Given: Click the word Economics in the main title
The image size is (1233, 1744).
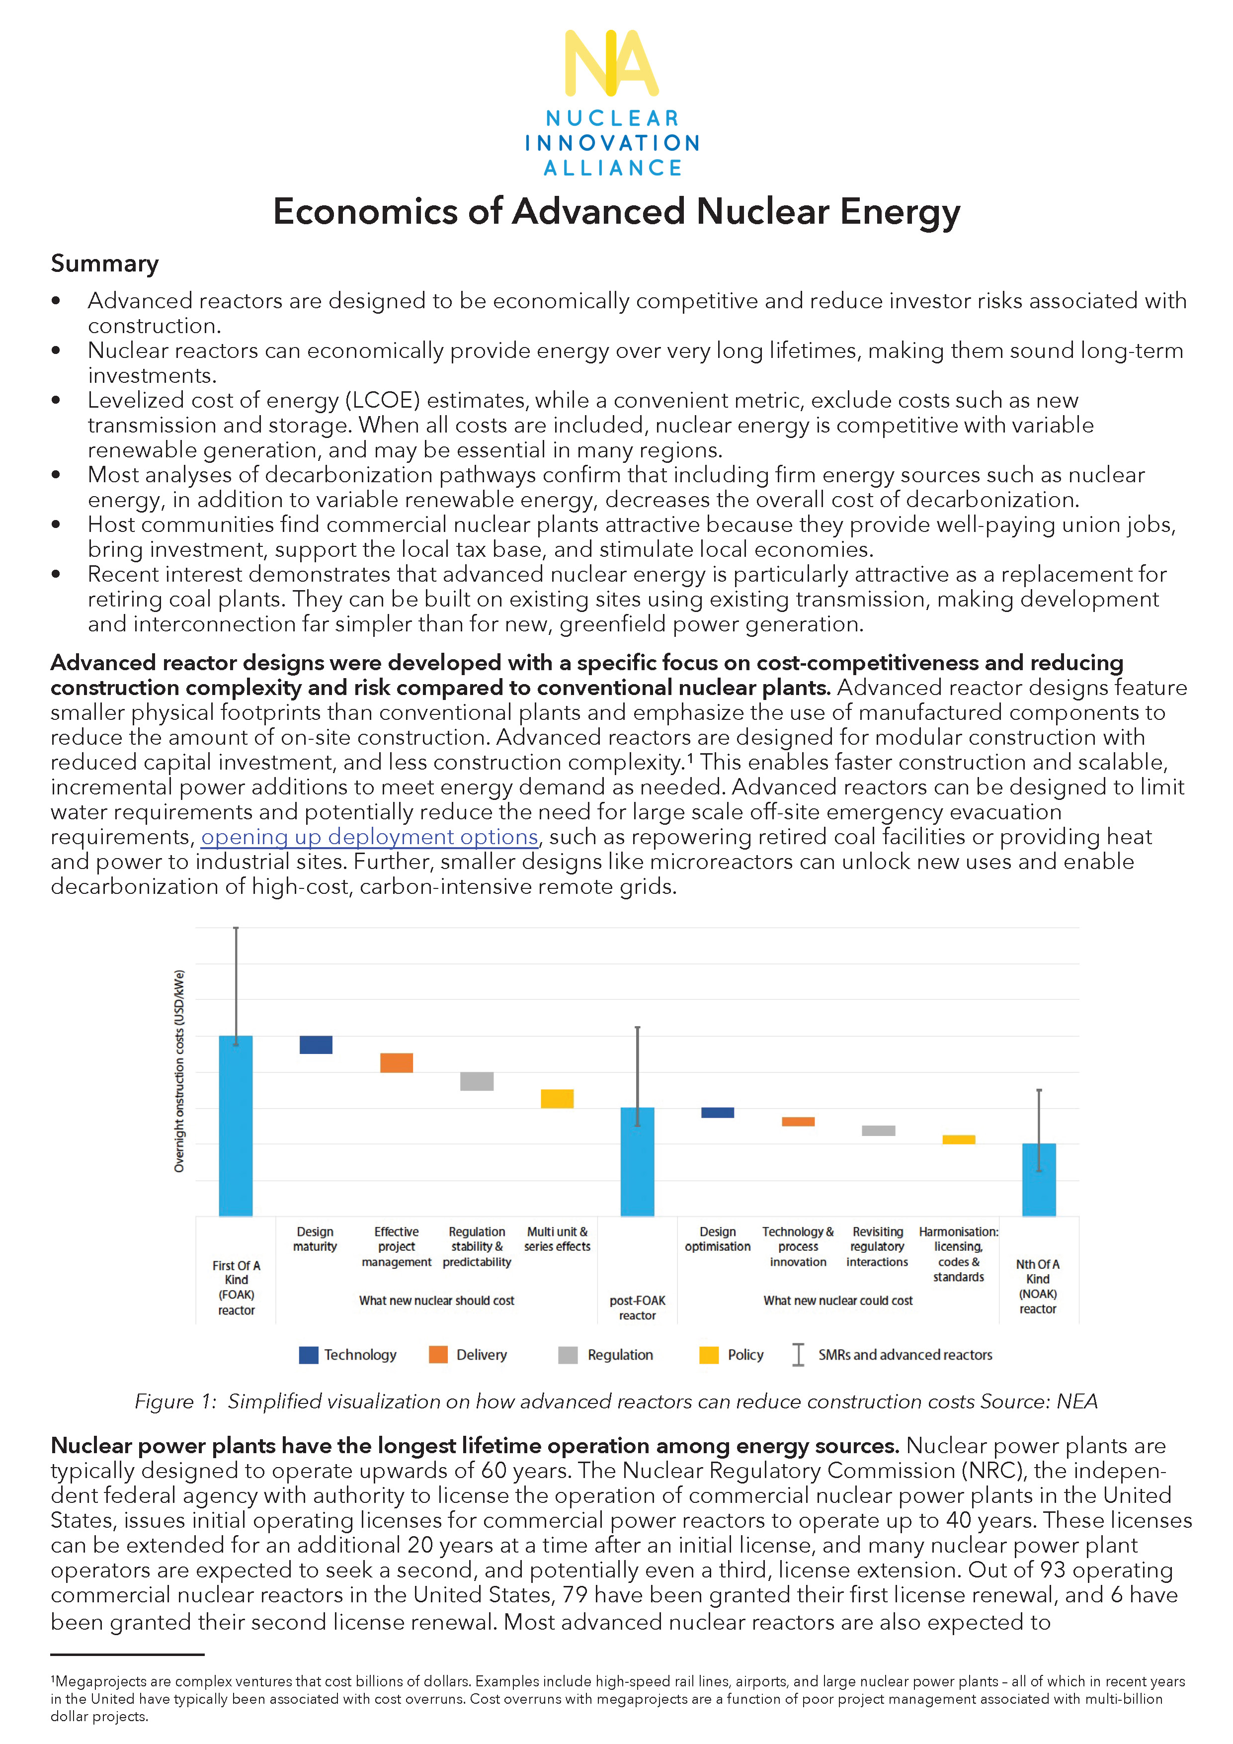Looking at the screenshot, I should [x=364, y=212].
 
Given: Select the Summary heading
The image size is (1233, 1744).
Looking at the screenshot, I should [x=105, y=263].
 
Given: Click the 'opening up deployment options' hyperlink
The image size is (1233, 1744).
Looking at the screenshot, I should [x=369, y=837].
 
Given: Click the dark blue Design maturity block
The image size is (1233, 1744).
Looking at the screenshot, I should [x=316, y=1045].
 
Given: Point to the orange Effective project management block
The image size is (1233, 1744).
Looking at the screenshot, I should [x=396, y=1062].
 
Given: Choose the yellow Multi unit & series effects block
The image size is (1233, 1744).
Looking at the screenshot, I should [x=557, y=1098].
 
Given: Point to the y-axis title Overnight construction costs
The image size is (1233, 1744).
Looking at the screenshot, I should [x=179, y=1071].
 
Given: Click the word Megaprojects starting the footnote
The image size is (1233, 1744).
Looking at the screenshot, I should [x=100, y=1682].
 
